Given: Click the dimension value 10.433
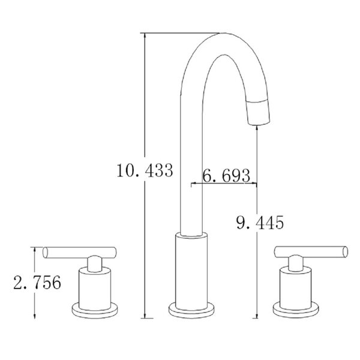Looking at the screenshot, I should coord(146,170).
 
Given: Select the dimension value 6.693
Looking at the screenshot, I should coord(226,176).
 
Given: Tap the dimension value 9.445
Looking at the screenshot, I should coord(259,223).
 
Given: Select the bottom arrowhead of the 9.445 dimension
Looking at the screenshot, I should coord(257,315).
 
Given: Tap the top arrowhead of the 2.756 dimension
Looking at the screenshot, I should coord(36,250).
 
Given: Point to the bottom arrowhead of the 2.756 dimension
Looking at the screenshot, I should coord(36,315).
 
